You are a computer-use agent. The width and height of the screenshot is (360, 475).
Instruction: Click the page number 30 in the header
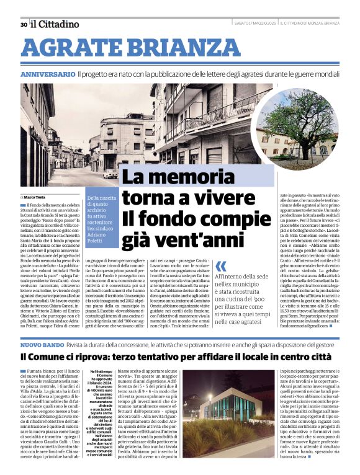click(x=23, y=25)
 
